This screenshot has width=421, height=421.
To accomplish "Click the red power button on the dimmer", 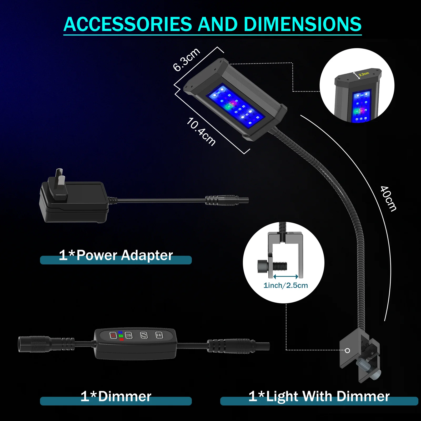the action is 113,335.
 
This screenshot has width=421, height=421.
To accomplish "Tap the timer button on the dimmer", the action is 129,335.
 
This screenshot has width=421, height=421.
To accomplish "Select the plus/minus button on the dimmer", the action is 159,335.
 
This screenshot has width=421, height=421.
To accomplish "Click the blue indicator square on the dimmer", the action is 121,332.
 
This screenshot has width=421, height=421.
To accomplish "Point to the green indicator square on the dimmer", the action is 121,336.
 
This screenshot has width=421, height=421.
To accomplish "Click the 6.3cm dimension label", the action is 187,59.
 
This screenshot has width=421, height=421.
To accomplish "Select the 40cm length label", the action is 388,199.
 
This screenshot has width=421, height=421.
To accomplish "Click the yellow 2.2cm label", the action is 364,74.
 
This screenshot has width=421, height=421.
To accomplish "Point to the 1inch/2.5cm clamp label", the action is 285,285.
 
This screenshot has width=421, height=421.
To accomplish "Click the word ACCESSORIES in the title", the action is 128,24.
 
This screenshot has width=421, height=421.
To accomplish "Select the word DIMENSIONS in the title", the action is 303,24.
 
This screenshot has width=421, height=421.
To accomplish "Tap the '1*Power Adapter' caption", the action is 116,255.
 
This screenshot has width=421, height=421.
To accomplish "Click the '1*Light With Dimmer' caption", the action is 319,396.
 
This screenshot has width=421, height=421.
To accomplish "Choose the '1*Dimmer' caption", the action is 116,396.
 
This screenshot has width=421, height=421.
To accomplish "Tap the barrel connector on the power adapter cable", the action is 226,201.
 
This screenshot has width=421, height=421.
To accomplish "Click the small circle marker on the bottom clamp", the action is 347,350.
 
